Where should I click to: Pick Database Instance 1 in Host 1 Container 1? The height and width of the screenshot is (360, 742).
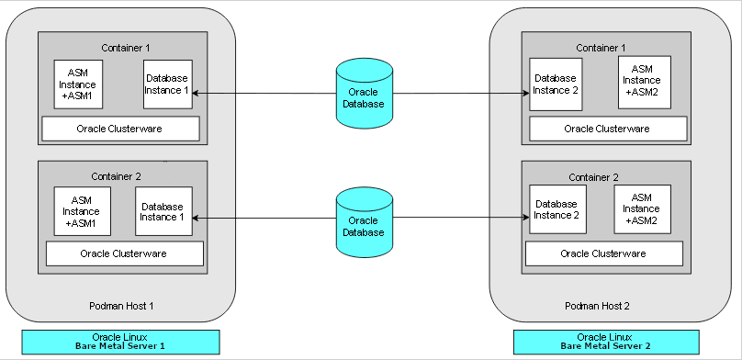click(x=167, y=84)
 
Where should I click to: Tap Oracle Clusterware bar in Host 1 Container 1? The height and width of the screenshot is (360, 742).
click(x=120, y=129)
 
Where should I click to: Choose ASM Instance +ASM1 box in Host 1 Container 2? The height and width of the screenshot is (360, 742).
click(x=82, y=211)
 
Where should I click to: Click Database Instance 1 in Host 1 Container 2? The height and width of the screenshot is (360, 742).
click(x=163, y=212)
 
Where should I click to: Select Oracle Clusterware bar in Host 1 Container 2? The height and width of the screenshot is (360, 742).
click(x=124, y=253)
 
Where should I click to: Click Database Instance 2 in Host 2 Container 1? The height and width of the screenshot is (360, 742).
click(x=556, y=84)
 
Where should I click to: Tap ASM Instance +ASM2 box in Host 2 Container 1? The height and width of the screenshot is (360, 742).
click(x=644, y=81)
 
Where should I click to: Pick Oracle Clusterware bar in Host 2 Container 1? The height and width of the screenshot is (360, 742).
click(x=606, y=129)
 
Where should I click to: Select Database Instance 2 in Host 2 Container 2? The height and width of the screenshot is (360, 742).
click(x=556, y=209)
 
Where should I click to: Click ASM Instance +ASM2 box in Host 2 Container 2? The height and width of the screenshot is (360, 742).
click(x=642, y=208)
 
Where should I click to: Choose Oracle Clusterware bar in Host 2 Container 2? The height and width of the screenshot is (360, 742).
click(x=602, y=253)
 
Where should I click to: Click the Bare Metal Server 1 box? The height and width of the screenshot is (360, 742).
click(x=121, y=342)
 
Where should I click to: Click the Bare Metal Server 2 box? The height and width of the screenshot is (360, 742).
click(x=607, y=342)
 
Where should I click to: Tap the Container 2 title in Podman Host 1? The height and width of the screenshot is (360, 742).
click(x=117, y=176)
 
